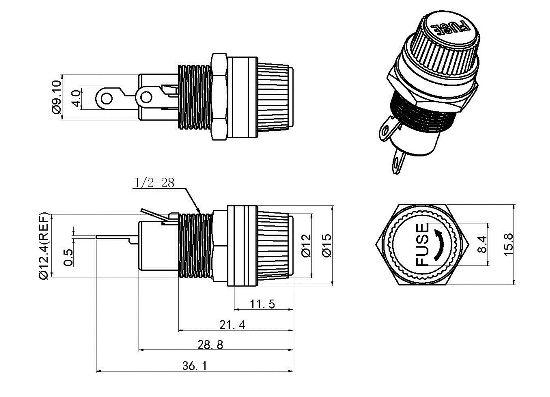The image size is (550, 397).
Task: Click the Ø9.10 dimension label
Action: click(56, 97)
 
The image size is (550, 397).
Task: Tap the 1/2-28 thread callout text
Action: click(154, 183)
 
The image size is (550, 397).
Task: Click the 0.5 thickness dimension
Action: click(69, 257)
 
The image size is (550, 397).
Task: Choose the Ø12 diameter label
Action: click(306, 245)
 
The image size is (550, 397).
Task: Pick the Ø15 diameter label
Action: click(326, 245)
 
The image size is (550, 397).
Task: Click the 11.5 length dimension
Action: click(262, 304)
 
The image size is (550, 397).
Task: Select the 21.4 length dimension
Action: click(232, 325)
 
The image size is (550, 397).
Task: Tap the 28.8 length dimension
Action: click(210, 345)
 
